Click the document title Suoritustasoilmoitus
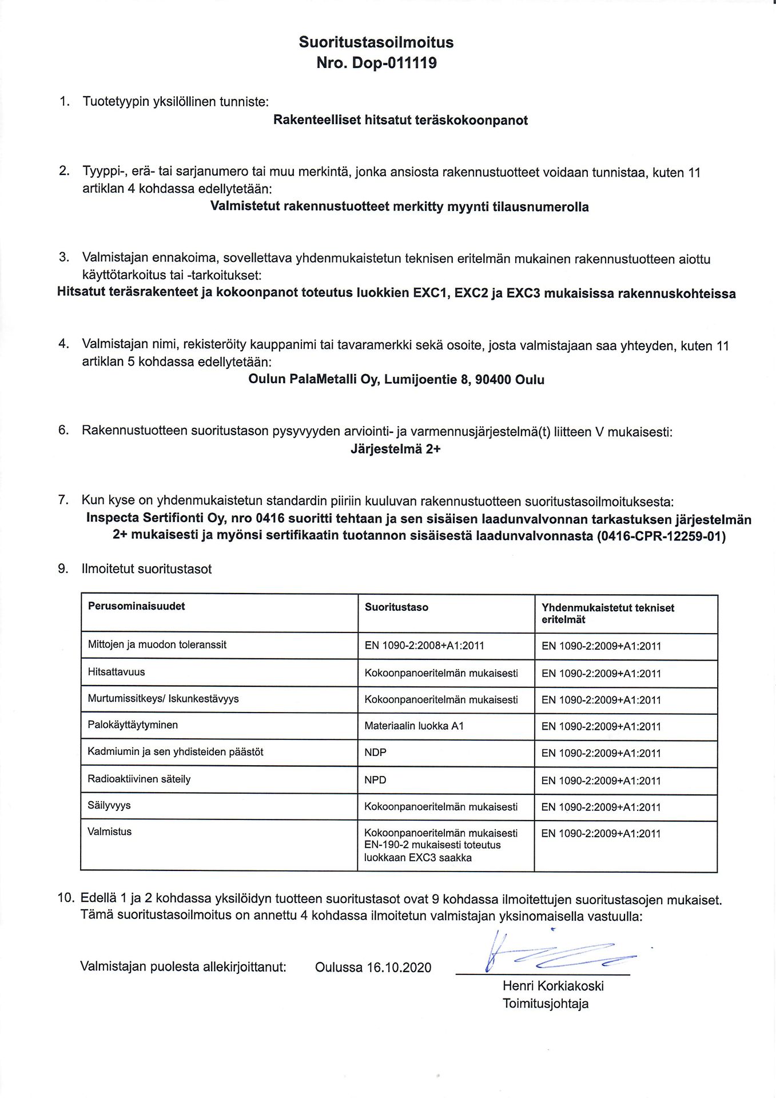(x=376, y=42)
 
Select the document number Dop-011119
(x=394, y=63)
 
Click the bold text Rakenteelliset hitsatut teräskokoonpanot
(x=400, y=120)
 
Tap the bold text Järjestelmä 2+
(x=396, y=449)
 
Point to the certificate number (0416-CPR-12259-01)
(x=660, y=536)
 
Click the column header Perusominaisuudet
(x=136, y=606)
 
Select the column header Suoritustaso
(x=396, y=607)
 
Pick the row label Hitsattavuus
(x=116, y=672)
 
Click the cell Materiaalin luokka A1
(x=414, y=726)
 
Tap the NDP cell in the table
(x=375, y=753)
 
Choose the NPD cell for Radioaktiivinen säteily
(x=375, y=780)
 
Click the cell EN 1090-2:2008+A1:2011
(x=424, y=646)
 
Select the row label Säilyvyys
(x=109, y=805)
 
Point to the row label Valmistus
(x=109, y=832)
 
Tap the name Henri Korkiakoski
(x=553, y=986)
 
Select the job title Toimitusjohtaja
(x=546, y=1004)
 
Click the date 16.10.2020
(x=399, y=968)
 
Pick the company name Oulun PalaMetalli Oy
(x=313, y=380)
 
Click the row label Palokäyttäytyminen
(x=133, y=725)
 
